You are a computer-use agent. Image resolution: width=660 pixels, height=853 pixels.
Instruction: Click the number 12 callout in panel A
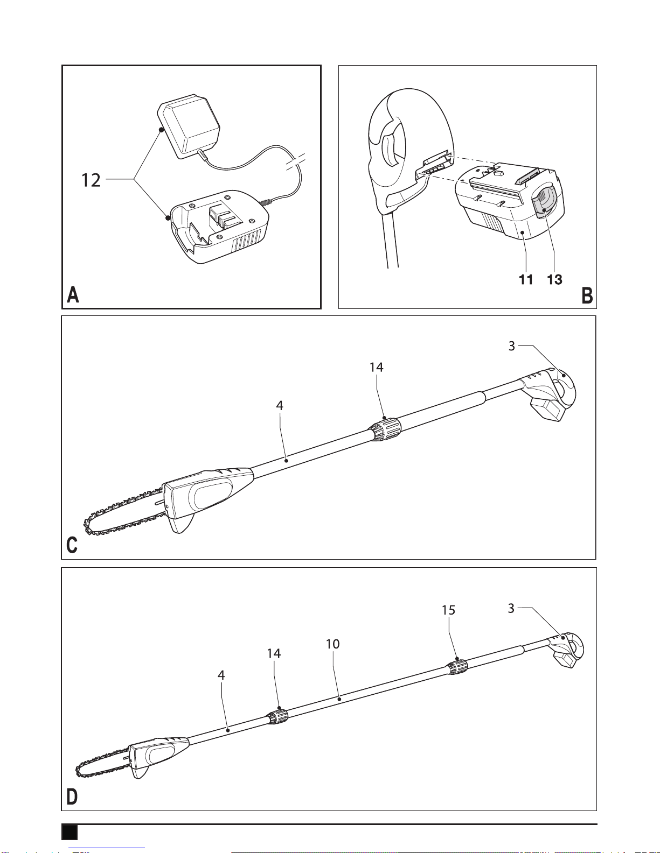(91, 180)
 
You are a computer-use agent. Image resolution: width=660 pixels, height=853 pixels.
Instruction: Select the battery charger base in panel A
(218, 227)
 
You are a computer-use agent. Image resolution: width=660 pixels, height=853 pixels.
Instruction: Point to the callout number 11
(526, 280)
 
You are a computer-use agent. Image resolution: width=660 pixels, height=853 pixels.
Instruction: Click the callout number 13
(555, 280)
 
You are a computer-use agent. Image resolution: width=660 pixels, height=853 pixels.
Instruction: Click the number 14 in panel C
(377, 367)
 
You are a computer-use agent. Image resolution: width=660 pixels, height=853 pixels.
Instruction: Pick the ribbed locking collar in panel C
(386, 429)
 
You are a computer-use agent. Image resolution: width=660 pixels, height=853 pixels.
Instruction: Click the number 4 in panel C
(279, 405)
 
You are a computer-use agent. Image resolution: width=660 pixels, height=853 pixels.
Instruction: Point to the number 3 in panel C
(511, 346)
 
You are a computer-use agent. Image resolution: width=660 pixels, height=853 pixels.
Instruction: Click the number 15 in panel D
(448, 610)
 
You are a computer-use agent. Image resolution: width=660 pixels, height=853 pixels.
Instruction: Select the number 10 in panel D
(333, 644)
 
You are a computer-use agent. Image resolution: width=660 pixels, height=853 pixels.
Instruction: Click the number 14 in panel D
(274, 653)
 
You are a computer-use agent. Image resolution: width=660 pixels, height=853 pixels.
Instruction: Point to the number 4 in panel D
(221, 675)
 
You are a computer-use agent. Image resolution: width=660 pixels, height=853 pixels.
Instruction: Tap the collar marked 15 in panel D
(457, 667)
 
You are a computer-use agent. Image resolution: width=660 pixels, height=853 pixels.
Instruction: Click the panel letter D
(72, 797)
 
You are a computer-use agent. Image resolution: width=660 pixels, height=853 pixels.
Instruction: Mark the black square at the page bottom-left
(70, 832)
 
